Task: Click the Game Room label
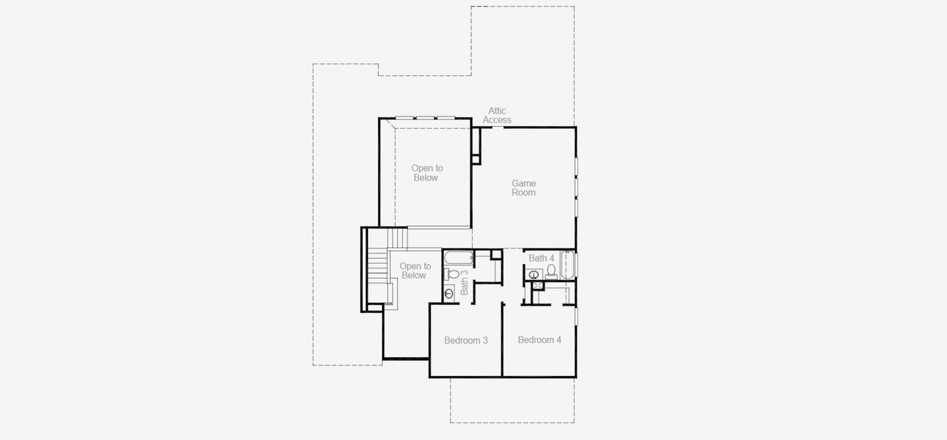pos(523,188)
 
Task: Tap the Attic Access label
pos(497,116)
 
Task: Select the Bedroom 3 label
pos(466,340)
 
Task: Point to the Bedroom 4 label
pos(539,340)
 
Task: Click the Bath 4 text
pos(541,258)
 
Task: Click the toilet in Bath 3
pos(452,274)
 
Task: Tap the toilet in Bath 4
pos(551,271)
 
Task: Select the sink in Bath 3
pos(449,293)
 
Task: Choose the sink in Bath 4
pos(534,274)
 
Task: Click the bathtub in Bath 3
pos(458,258)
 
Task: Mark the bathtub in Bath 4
pos(567,265)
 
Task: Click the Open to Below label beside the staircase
pos(415,271)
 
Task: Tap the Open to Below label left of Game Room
pos(427,172)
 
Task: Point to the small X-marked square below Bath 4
pos(538,285)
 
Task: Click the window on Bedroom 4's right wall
pos(576,317)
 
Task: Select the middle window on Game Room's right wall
pos(576,187)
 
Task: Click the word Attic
pos(497,111)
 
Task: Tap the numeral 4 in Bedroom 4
pos(559,340)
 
